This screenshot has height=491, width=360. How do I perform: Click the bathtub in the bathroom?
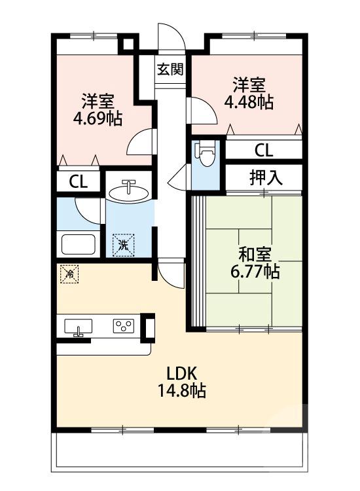(79, 245)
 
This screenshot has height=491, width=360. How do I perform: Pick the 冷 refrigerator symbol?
(67, 274)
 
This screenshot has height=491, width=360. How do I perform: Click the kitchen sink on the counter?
(79, 327)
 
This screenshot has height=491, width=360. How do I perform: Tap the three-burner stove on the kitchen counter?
(123, 326)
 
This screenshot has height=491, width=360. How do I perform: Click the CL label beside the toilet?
(263, 150)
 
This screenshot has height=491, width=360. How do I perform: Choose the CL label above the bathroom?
(78, 182)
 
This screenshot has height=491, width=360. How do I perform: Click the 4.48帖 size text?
(249, 102)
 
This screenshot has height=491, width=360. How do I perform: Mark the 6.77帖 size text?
(252, 271)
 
